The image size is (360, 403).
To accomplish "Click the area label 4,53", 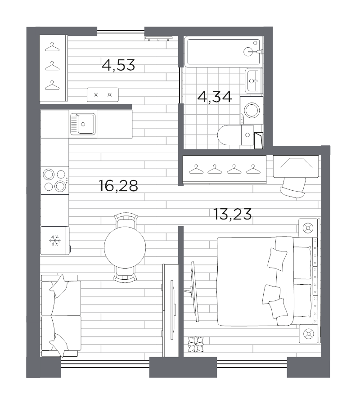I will point(118,65).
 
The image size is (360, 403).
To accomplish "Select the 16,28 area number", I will point(118,185).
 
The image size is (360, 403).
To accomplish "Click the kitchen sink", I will point(83,124).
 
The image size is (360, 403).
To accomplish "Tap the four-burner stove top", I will point(54,180).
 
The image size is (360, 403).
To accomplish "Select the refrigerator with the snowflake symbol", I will point(55,241).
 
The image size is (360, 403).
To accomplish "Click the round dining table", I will point(125,246).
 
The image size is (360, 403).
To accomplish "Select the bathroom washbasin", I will point(253,81).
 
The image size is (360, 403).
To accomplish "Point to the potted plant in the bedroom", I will point(196,344).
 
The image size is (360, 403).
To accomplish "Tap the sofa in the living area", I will point(61,315).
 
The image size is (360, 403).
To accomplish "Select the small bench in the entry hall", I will point(103,94).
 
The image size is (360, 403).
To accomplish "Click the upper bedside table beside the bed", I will point(308,228).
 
